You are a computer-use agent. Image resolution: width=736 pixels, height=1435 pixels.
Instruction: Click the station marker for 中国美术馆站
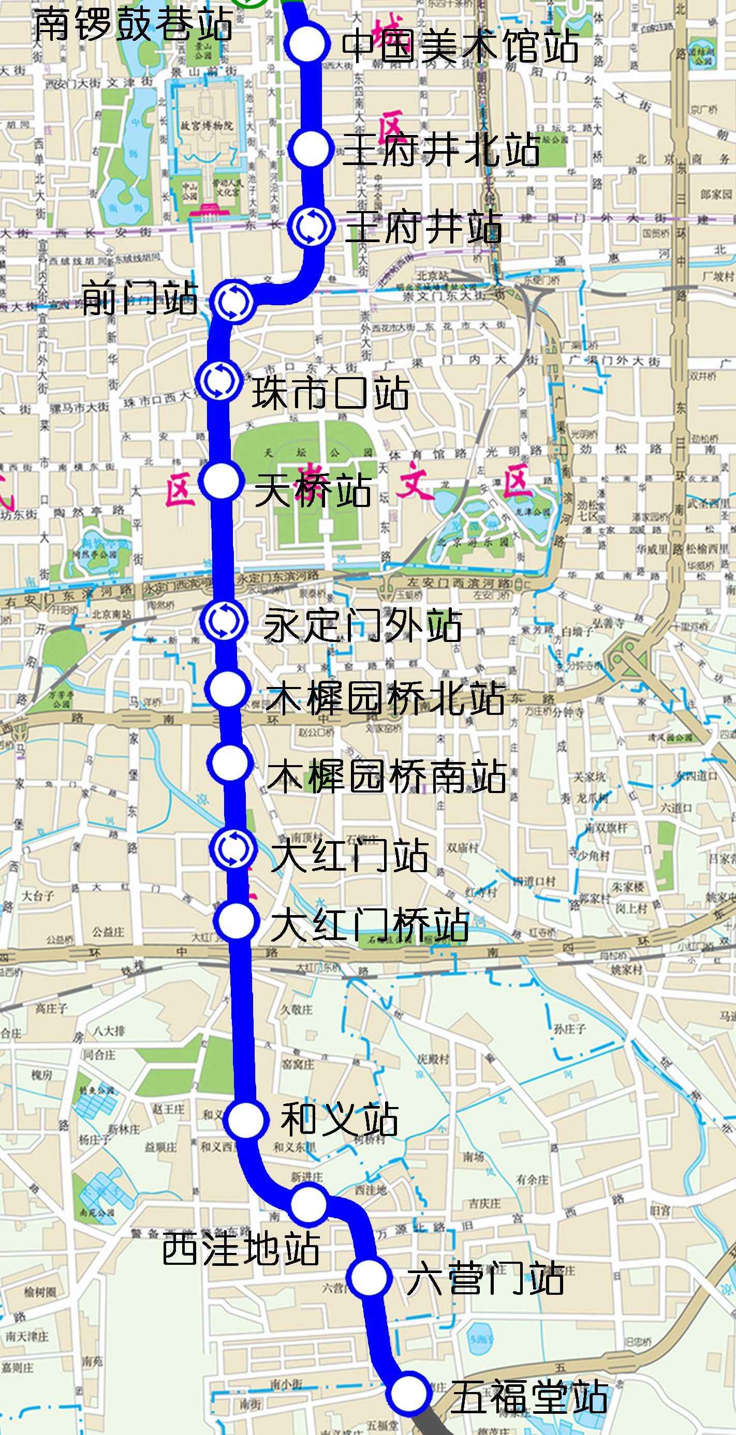click(306, 43)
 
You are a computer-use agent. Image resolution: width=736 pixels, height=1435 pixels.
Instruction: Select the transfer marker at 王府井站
click(311, 226)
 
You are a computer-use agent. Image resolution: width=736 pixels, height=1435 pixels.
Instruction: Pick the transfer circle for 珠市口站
click(219, 379)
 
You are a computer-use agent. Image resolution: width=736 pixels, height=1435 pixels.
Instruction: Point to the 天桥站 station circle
click(221, 481)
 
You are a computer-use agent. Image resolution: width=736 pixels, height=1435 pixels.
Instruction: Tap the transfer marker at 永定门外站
click(224, 621)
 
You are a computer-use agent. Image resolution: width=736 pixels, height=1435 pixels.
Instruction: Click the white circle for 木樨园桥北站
click(226, 690)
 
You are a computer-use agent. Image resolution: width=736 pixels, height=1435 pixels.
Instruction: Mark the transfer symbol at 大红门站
click(232, 848)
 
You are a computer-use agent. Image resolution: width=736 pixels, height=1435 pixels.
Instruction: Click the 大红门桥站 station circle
click(237, 920)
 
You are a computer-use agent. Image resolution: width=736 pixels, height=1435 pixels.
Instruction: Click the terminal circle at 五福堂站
click(409, 1394)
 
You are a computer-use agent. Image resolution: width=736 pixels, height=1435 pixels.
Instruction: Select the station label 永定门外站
click(363, 625)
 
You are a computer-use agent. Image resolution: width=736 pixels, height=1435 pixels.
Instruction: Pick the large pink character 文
click(416, 483)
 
